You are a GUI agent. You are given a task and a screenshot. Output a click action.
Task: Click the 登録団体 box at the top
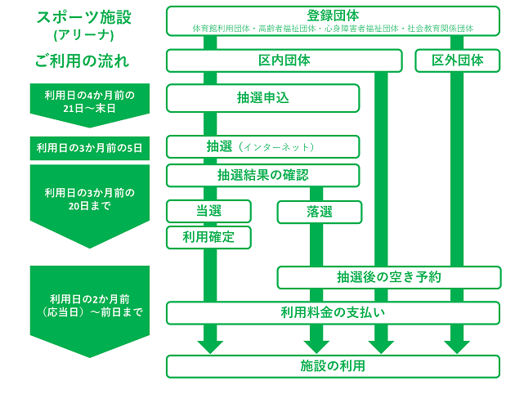point(333,20)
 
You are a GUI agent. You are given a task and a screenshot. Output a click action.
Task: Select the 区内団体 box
point(284,60)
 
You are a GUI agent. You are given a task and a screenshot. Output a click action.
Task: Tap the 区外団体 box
point(457,60)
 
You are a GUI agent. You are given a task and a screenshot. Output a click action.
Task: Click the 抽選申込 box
point(263,98)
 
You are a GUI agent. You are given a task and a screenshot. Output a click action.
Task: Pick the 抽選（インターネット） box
point(263,146)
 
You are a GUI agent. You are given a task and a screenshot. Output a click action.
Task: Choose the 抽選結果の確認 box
point(263,175)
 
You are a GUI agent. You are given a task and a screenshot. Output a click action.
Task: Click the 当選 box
point(208,212)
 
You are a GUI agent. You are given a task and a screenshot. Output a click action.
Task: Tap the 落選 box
point(319,212)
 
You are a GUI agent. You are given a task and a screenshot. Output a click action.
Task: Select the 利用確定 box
point(208,237)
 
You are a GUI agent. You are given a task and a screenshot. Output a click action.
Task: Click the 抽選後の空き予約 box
point(389,277)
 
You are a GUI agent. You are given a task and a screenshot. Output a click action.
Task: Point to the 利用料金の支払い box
point(333,313)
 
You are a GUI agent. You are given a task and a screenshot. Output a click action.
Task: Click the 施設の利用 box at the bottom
point(333,365)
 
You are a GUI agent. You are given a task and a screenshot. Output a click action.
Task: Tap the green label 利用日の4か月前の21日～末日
point(90,101)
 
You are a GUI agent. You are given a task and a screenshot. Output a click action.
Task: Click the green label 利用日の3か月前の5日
point(90,148)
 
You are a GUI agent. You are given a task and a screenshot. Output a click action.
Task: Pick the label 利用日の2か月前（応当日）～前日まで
point(90,304)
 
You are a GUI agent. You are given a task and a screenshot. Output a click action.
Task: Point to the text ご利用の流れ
point(83,60)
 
